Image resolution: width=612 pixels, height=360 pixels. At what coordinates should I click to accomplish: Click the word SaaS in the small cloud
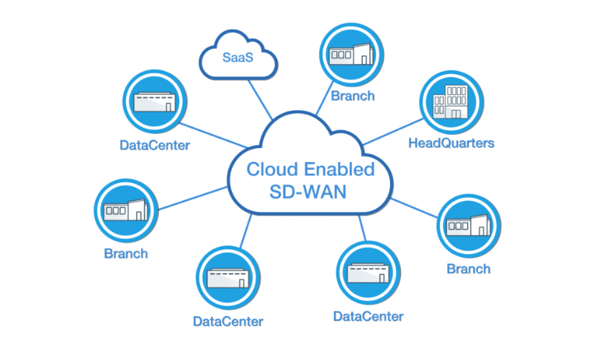coord(237,57)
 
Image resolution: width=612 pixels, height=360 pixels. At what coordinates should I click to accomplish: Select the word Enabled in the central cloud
coord(339,169)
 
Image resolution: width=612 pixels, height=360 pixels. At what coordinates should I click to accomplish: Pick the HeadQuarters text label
coord(451,143)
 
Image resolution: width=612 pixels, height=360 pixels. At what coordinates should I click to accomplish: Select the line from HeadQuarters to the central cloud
coord(389,132)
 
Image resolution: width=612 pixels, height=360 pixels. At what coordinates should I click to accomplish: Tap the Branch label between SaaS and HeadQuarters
coord(352,96)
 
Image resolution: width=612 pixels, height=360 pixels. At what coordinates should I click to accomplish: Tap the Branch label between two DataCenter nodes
coord(126,253)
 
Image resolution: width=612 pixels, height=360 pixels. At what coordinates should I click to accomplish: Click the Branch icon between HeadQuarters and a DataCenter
coord(469,225)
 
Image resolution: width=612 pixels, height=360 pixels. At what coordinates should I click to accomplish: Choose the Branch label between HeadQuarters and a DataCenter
coord(469,269)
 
